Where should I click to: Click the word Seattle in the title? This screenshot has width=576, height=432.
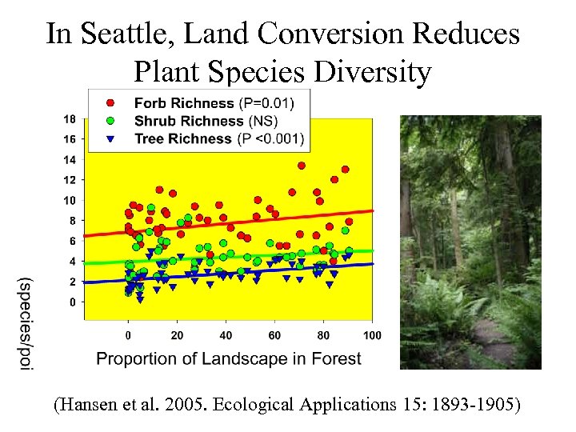tap(117, 34)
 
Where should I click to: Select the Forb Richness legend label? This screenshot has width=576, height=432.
tap(182, 103)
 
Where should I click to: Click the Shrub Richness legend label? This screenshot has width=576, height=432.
tap(188, 121)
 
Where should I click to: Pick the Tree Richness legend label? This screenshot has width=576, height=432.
tap(182, 138)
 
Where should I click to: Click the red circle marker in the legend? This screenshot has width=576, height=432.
tap(112, 103)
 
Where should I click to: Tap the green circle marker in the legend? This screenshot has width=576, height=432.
tap(112, 121)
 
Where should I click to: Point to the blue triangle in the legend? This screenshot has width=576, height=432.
tap(112, 139)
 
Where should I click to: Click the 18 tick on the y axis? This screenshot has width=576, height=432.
tap(70, 119)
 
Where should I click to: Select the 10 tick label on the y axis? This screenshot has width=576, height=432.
tap(70, 201)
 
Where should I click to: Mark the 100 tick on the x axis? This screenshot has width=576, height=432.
tap(372, 334)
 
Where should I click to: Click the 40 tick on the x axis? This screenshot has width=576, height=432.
tap(226, 334)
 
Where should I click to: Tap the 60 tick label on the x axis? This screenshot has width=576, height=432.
tap(274, 334)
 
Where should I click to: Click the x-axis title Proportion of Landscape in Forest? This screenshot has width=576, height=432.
tap(229, 358)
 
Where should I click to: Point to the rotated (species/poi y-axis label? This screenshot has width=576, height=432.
tap(26, 324)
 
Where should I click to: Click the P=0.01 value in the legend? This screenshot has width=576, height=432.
tap(266, 103)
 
